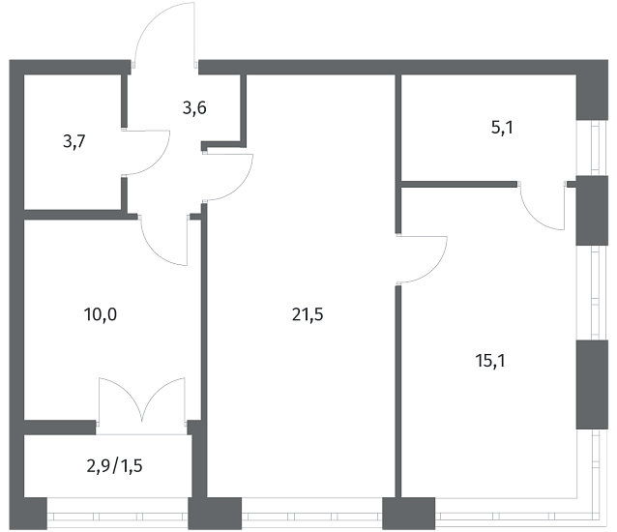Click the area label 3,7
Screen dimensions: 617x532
(x=73, y=141)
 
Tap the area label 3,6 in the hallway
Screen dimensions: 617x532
(x=194, y=107)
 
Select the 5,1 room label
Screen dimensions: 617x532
(x=502, y=128)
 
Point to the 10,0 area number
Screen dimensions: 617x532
(x=101, y=314)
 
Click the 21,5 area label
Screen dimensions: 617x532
(x=308, y=314)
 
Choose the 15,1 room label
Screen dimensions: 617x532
(x=490, y=361)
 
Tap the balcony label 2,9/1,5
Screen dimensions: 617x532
(x=114, y=466)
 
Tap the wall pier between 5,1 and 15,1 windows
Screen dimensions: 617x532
(x=592, y=211)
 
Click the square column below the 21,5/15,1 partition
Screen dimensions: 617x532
(x=409, y=514)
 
